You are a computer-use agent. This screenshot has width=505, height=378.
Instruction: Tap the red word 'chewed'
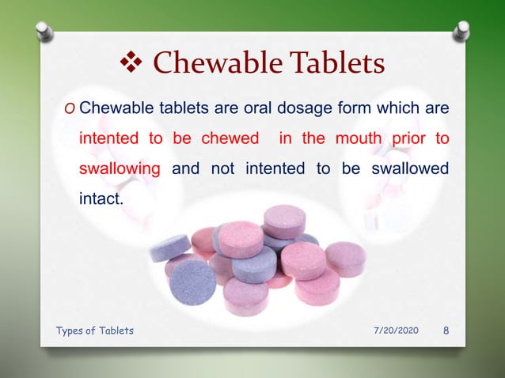coord(230,138)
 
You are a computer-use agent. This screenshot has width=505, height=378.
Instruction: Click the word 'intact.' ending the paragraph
coord(101,198)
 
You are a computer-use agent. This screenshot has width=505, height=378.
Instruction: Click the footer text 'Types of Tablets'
coord(95,331)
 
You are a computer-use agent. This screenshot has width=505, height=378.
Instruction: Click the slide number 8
coord(446,331)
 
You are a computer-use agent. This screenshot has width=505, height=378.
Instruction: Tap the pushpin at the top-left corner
coord(44,31)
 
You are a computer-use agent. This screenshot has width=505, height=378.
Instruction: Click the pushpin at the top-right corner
coord(461,31)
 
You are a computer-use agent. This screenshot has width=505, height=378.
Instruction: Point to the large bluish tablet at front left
coord(192,282)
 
